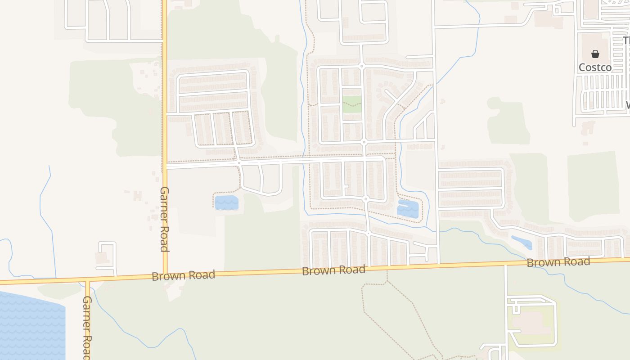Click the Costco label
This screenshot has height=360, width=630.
click(x=595, y=67)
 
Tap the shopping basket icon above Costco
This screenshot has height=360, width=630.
click(x=595, y=54)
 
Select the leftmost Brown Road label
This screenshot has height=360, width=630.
click(x=183, y=275)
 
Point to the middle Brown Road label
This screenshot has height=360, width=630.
click(x=333, y=270)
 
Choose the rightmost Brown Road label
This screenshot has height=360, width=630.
click(x=558, y=262)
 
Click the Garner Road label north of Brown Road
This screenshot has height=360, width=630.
click(x=164, y=219)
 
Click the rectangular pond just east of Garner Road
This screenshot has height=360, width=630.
click(x=226, y=202)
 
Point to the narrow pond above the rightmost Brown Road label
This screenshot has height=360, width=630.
click(x=522, y=242)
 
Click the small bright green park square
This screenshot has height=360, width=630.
click(x=352, y=104)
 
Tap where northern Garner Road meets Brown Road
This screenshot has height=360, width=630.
click(x=165, y=274)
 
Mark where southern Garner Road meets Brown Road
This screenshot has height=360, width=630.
click(x=88, y=282)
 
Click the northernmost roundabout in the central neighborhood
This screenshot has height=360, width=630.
click(x=361, y=67)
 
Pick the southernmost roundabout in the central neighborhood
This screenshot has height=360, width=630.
click(x=368, y=234)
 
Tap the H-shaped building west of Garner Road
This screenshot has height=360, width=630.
click(x=137, y=196)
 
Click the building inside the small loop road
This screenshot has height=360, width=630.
click(x=102, y=258)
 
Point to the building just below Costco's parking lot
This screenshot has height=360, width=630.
click(x=588, y=128)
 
